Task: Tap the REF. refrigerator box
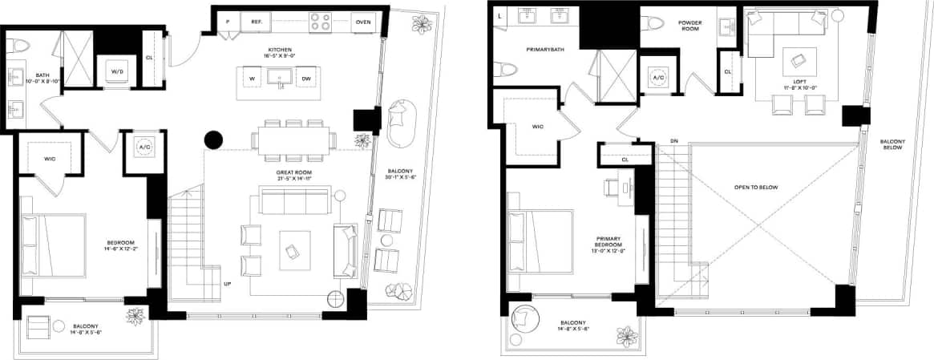(257, 22)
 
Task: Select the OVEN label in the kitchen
(363, 22)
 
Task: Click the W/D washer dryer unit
(116, 71)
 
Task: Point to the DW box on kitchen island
(306, 79)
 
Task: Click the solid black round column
(214, 140)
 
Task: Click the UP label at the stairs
(228, 285)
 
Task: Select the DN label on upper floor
(674, 143)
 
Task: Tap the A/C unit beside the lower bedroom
(144, 148)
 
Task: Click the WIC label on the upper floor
(537, 126)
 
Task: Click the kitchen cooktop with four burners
(321, 22)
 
